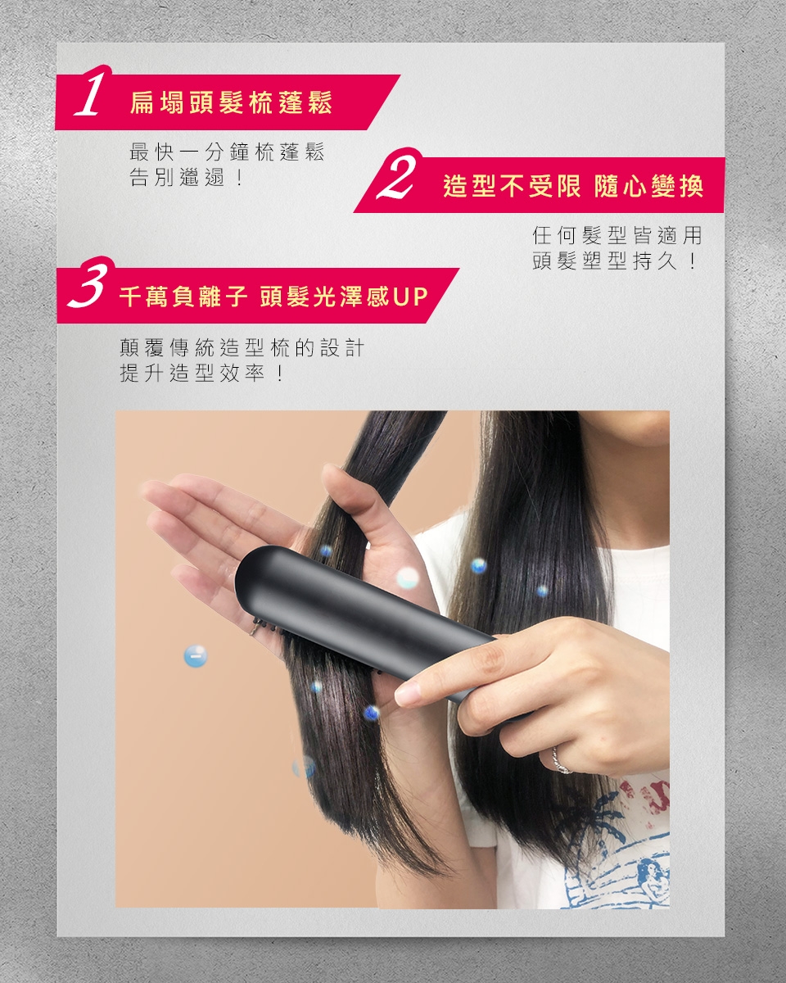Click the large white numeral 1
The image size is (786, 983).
[93, 92]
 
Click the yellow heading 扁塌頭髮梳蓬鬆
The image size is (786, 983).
[231, 102]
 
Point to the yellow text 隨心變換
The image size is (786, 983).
[648, 186]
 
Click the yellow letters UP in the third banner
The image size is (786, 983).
[410, 297]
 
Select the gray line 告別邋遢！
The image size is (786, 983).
[187, 177]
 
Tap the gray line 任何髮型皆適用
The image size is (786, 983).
[617, 236]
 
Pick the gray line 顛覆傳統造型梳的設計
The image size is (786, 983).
[242, 347]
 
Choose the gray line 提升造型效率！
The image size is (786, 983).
[203, 374]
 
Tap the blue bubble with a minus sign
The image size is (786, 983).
[196, 656]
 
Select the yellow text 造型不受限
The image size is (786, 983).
[512, 186]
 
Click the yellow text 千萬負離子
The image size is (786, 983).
[183, 297]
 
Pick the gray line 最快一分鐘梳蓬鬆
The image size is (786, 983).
[227, 152]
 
